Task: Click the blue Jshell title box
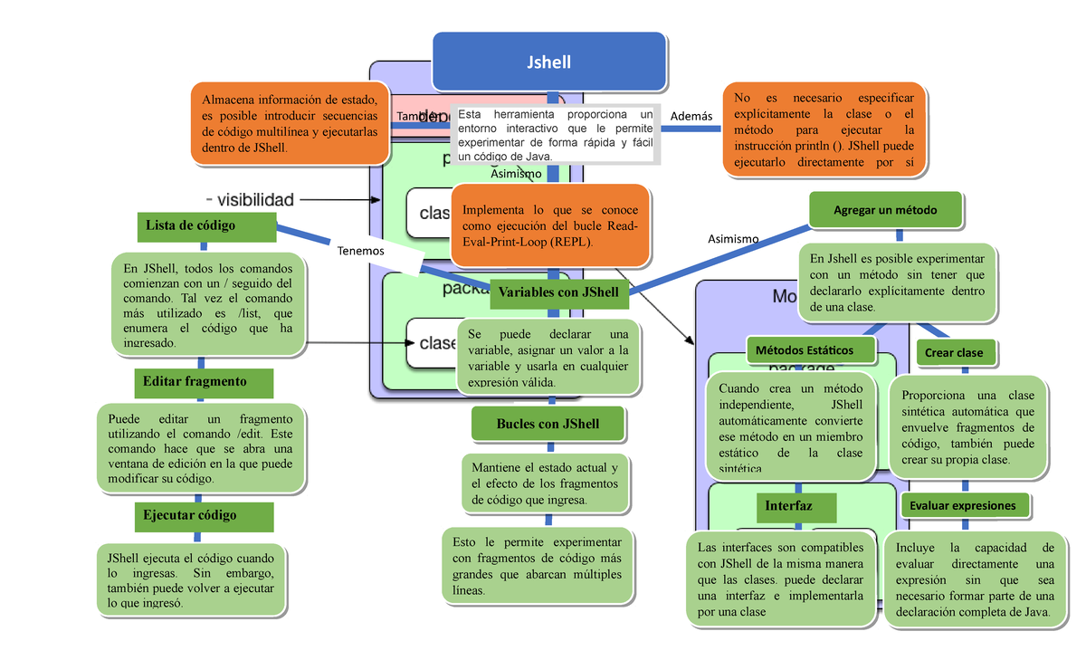point(549,62)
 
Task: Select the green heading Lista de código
point(204,226)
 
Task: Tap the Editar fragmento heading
point(204,382)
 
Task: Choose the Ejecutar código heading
point(204,516)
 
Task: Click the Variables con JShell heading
point(558,292)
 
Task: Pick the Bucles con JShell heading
point(548,425)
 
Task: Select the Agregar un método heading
point(885,211)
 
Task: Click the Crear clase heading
point(954,353)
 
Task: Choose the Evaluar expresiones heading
point(963,506)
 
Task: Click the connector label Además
point(692,117)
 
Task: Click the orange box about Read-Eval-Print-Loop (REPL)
point(549,226)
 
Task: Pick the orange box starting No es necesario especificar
point(824,130)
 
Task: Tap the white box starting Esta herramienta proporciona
point(555,136)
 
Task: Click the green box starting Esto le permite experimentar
point(537,564)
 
